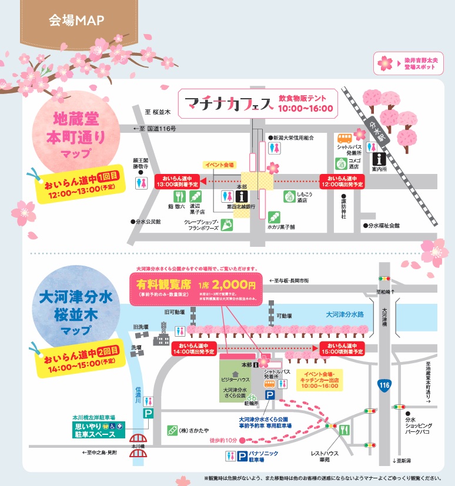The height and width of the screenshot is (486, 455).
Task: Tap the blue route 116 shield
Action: (x=384, y=385)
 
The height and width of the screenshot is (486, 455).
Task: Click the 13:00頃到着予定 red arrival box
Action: (x=178, y=182)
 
